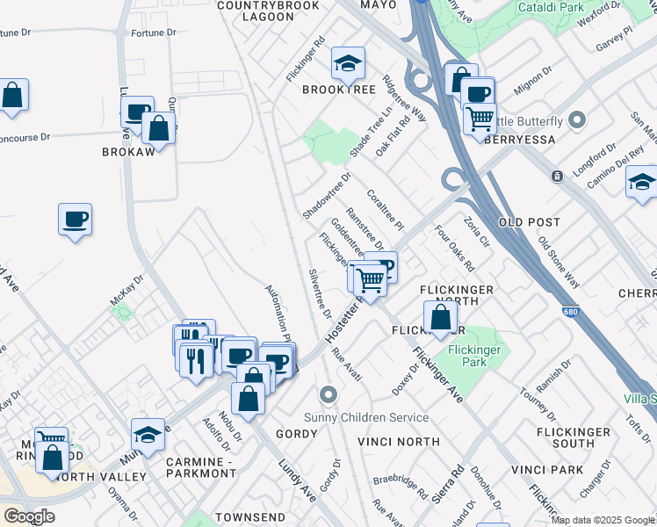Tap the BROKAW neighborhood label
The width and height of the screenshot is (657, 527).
(128, 151)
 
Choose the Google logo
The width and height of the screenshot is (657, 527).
(29, 516)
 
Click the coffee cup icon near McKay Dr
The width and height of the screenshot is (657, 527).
(76, 220)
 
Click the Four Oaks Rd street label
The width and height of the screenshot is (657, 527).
(454, 249)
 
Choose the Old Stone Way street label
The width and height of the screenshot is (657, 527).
(559, 262)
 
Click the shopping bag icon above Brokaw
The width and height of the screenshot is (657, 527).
(159, 128)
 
